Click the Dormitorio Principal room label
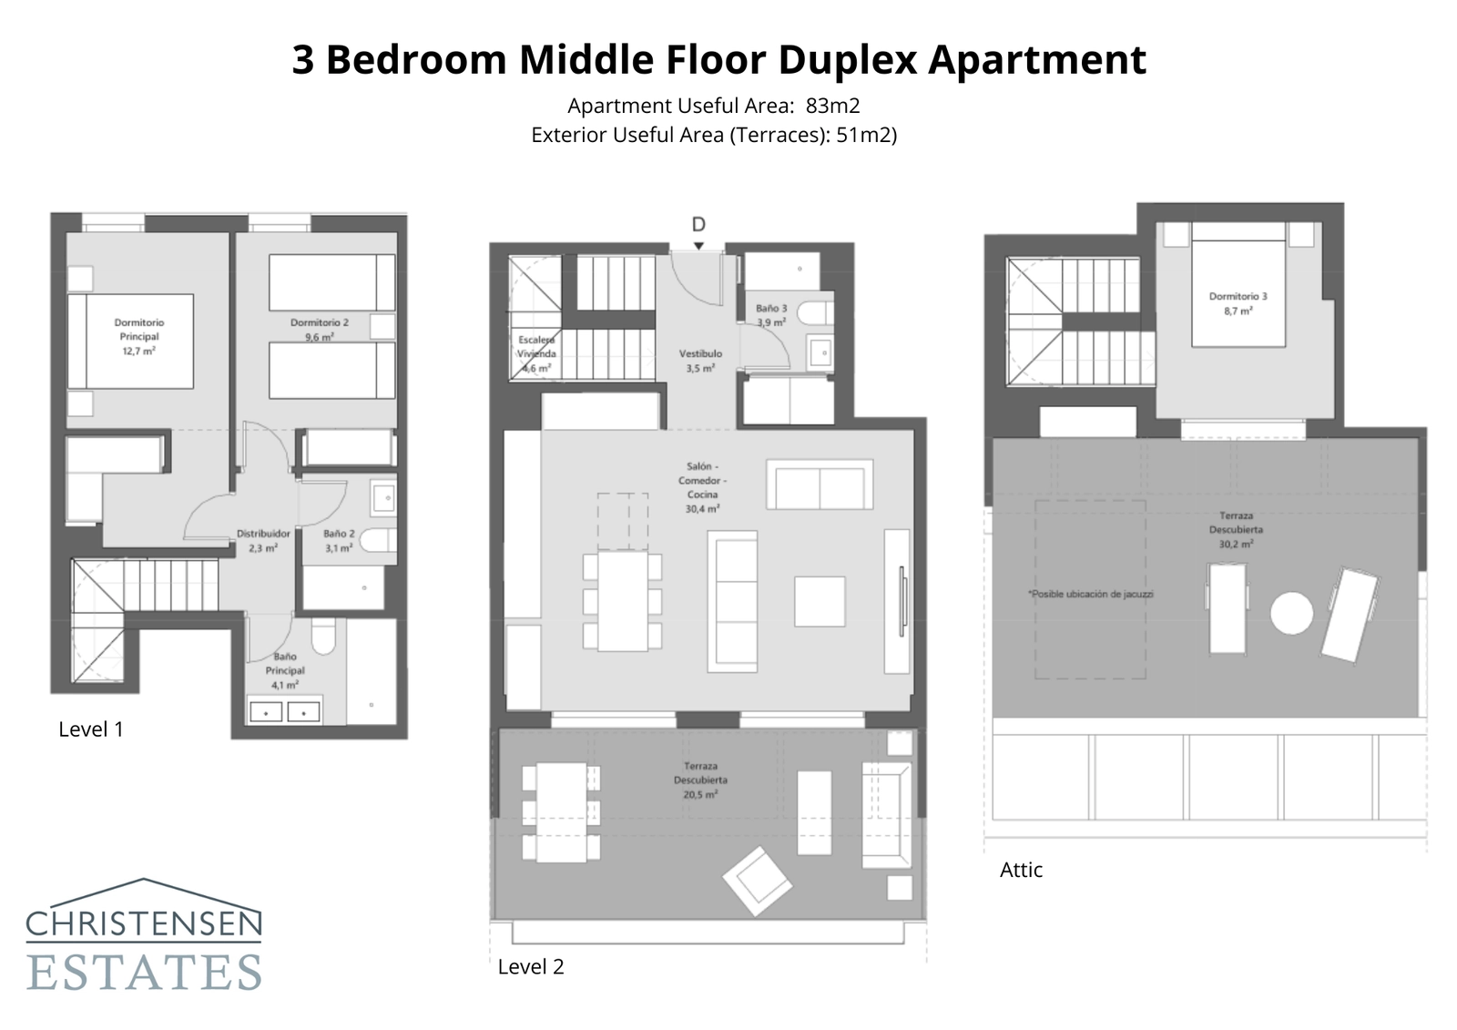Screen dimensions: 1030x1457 pos(138,336)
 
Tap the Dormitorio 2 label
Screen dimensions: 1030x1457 pos(319,330)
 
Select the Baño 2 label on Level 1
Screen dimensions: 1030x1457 pos(339,541)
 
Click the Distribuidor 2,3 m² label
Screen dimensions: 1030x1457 pos(263,541)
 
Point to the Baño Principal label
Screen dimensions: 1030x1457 pos(284,670)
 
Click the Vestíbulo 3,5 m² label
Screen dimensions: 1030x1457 pos(700,361)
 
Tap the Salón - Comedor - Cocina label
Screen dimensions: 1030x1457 pos(701,487)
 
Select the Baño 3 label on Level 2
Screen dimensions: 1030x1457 pos(771,315)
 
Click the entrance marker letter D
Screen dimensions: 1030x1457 pos(698,225)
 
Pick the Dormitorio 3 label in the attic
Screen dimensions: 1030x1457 pos(1238,303)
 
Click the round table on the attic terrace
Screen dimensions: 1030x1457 pos(1291,613)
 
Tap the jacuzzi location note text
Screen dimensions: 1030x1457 pos(1090,594)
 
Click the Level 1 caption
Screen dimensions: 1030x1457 pos(90,729)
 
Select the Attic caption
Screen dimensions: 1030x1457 pos(1021,871)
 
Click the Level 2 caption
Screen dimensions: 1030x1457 pos(531,967)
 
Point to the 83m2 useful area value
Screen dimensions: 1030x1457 pos(832,107)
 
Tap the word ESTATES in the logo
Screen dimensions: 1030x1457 pos(145,972)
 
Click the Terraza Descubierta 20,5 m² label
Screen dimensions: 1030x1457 pos(700,780)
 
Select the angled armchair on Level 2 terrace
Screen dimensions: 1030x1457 pos(757,880)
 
